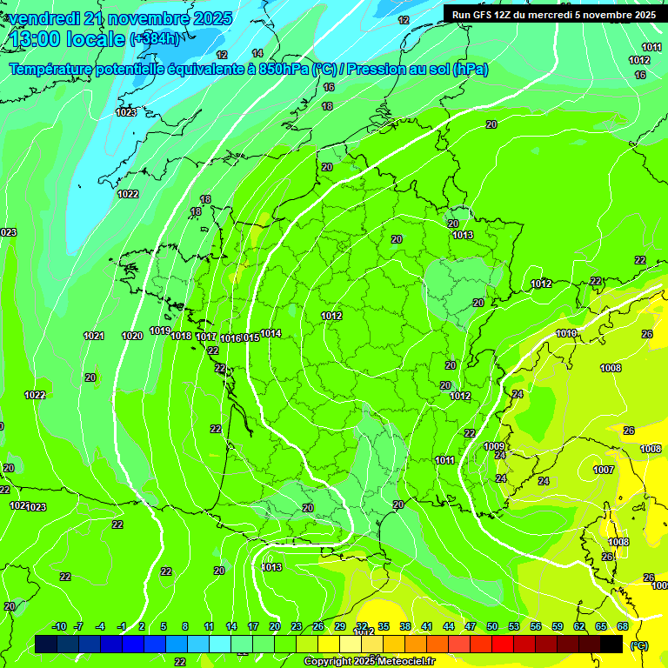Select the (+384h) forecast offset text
155,39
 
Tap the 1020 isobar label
132,336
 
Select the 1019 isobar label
160,331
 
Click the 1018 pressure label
181,336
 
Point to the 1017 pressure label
206,337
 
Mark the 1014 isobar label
271,333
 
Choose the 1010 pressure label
566,334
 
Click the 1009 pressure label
493,446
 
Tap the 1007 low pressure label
604,470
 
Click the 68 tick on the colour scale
623,626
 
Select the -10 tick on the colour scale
59,626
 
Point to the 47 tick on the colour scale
471,626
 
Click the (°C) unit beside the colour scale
639,645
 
